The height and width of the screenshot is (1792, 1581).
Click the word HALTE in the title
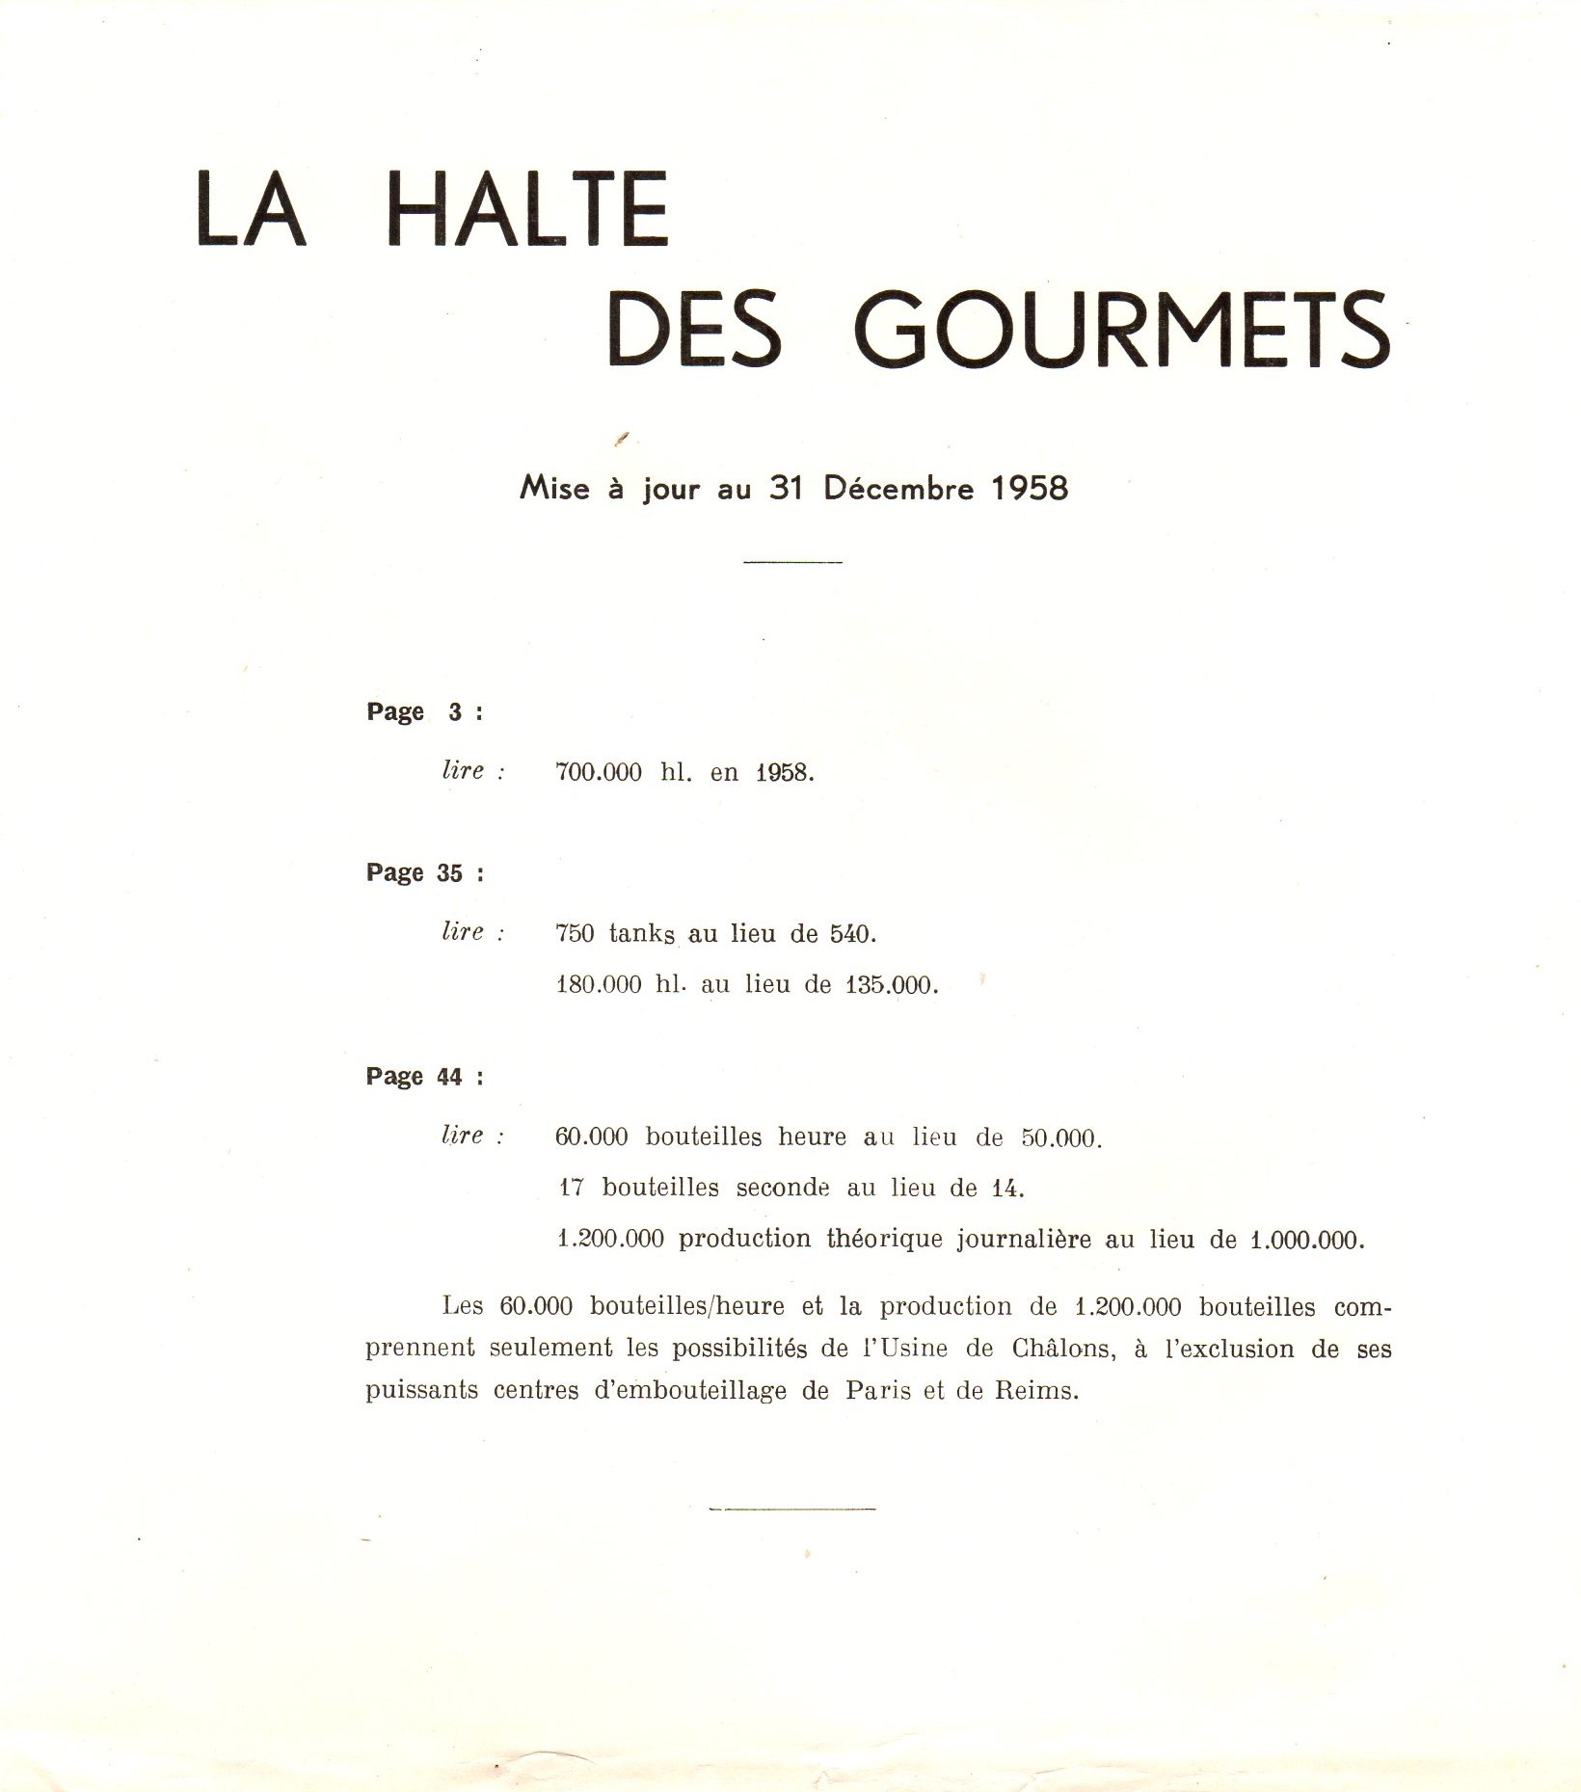pos(526,209)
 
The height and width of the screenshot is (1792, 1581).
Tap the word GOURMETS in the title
pos(1123,330)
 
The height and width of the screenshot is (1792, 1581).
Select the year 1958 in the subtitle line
pos(1031,488)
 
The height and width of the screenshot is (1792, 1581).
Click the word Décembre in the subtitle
pos(898,488)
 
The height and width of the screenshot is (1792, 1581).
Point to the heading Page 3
pos(423,712)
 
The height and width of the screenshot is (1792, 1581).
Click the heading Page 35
pos(424,873)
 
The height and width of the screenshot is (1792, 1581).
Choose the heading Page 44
pos(424,1077)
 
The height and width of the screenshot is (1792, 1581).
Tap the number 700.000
pos(599,773)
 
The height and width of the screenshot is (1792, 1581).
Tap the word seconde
pos(783,1189)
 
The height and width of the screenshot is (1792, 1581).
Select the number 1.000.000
pos(1306,1240)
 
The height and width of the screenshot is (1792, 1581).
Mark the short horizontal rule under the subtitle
pos(792,562)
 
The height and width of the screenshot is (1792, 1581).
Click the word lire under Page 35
pos(463,932)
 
